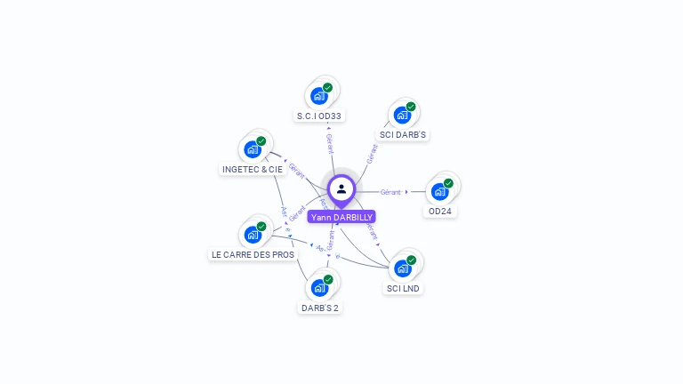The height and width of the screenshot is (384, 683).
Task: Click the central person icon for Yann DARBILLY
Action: [x=341, y=189]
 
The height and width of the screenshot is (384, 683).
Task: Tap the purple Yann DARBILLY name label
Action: [x=341, y=217]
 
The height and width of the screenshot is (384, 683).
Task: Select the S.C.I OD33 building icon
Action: [x=319, y=96]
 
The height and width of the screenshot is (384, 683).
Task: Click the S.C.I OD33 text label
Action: [x=319, y=116]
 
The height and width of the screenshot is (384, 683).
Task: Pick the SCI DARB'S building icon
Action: [x=403, y=115]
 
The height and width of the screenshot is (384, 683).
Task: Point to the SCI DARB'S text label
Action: [x=403, y=135]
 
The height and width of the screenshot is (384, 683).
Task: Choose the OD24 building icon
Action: [x=440, y=191]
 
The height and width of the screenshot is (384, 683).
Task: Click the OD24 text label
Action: [x=440, y=212]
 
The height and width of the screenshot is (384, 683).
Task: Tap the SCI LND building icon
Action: [x=403, y=268]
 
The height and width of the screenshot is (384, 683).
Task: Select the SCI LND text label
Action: [x=403, y=289]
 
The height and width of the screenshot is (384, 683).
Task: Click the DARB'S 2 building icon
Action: [x=319, y=288]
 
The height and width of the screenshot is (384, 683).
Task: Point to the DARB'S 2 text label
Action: [x=319, y=308]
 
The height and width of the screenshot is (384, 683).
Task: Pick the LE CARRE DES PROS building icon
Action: [x=253, y=235]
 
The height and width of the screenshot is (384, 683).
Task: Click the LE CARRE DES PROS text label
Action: [x=253, y=255]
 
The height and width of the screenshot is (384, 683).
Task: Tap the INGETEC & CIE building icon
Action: [x=253, y=149]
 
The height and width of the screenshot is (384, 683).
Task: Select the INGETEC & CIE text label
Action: [x=253, y=169]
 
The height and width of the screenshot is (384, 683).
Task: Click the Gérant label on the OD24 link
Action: [x=390, y=192]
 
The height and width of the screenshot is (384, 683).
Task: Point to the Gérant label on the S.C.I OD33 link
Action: [x=330, y=141]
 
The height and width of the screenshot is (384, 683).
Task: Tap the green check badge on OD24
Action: [x=448, y=183]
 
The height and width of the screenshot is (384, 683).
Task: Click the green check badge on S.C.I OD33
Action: [x=327, y=88]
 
